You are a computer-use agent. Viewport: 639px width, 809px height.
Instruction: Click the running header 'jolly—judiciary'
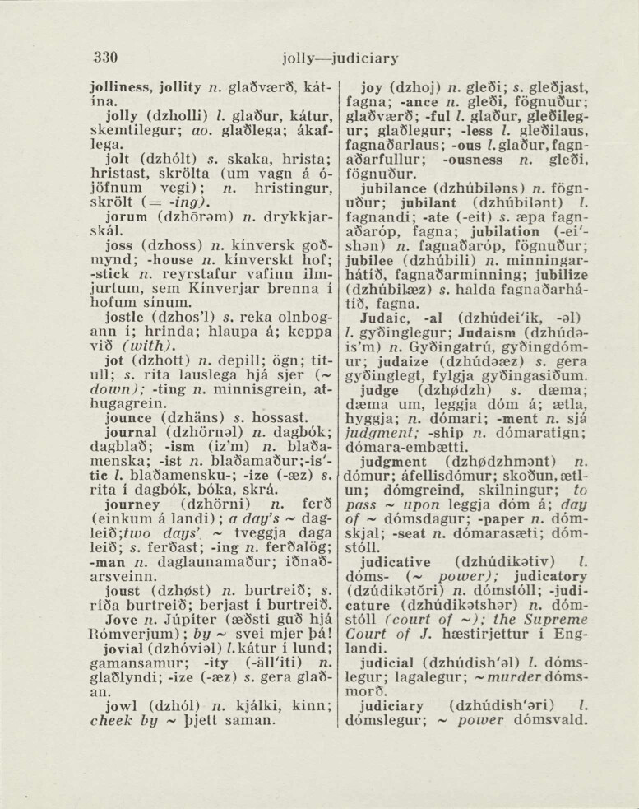340,58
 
